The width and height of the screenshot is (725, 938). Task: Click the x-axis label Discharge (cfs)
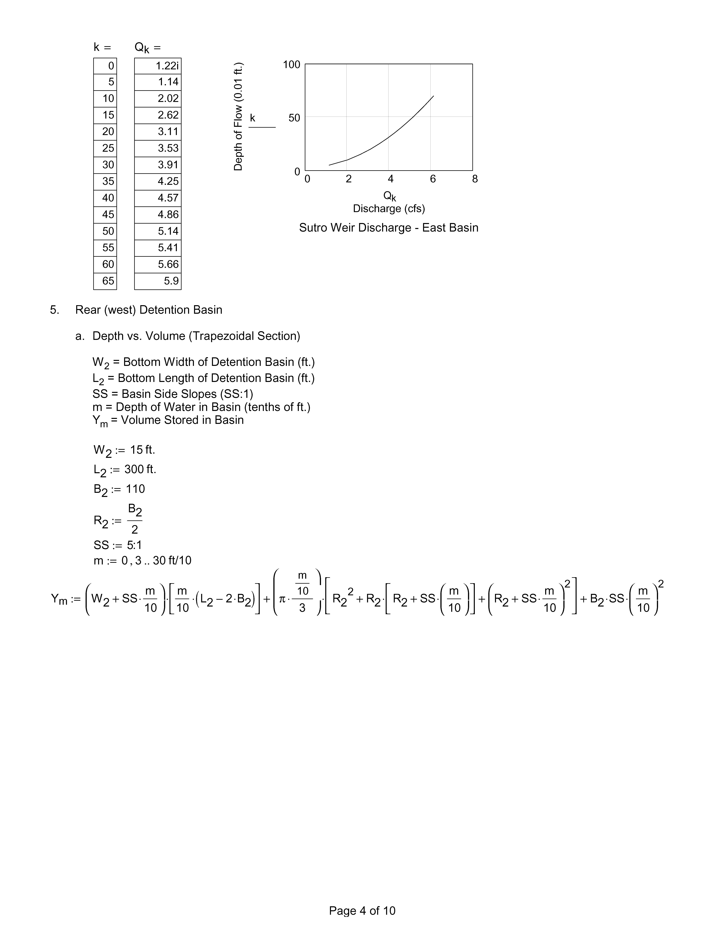389,209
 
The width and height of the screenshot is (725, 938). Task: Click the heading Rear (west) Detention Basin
149,310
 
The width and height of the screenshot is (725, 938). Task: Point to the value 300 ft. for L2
140,469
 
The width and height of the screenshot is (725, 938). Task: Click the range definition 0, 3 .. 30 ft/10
156,560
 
